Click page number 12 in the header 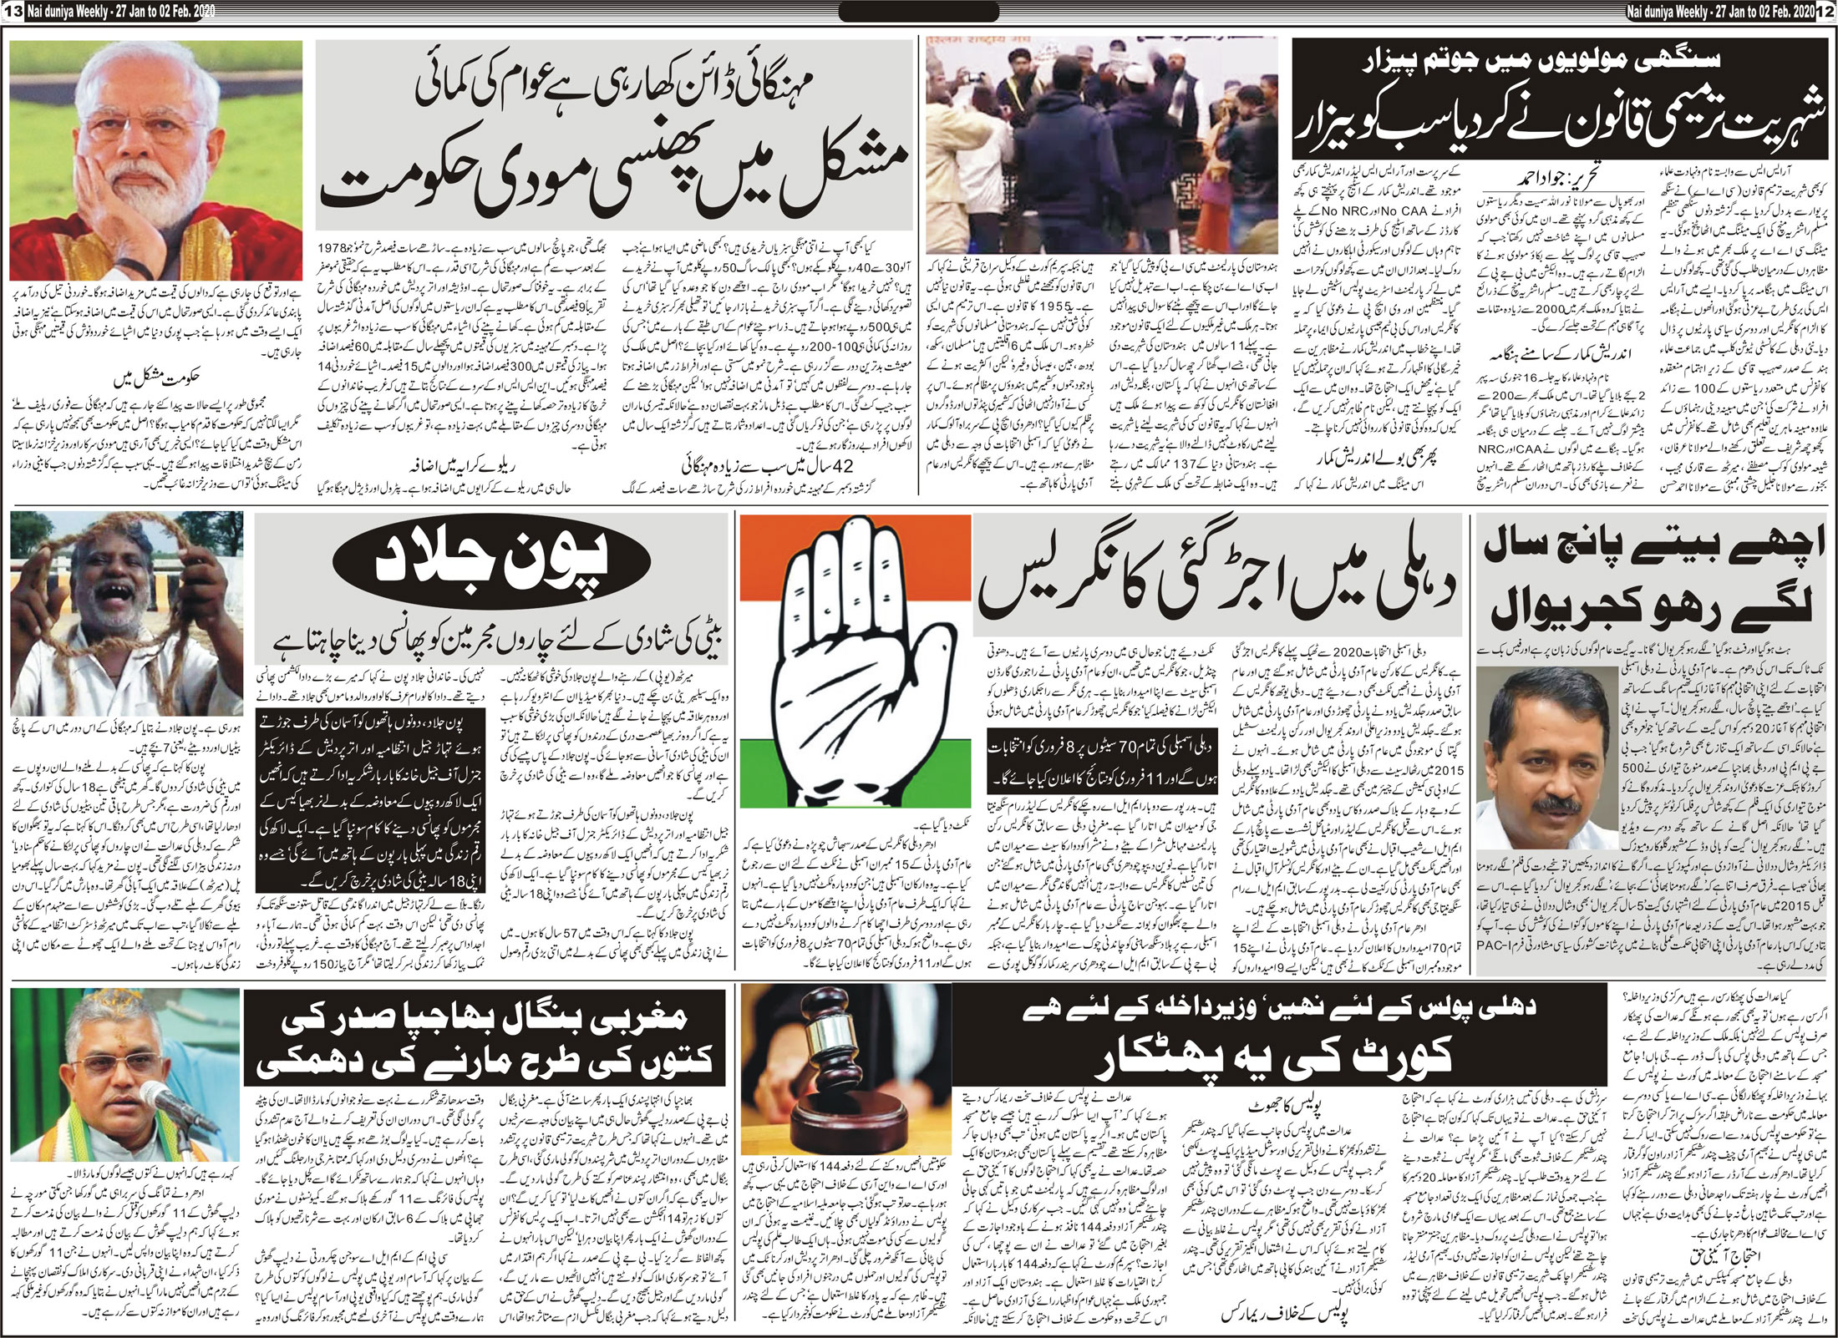coord(1830,8)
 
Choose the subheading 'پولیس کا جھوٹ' coord(1274,1104)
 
